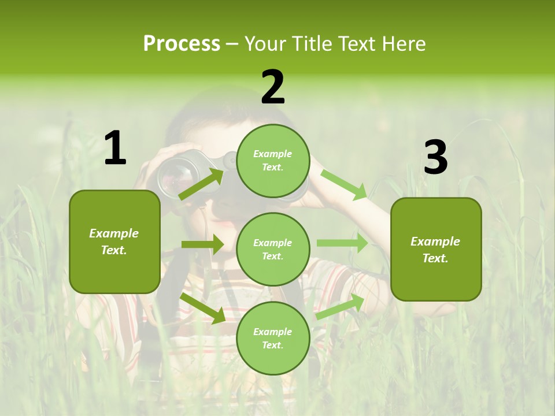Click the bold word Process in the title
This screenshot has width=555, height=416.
pyautogui.click(x=182, y=43)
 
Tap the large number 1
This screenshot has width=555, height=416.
pyautogui.click(x=115, y=148)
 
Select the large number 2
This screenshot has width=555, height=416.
pyautogui.click(x=273, y=87)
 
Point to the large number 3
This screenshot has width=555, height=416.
pyautogui.click(x=435, y=157)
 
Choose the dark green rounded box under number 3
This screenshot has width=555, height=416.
pyautogui.click(x=436, y=283)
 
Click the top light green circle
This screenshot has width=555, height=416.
pyautogui.click(x=273, y=161)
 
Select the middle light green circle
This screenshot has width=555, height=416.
pyautogui.click(x=273, y=249)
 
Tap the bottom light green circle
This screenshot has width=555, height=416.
pyautogui.click(x=273, y=338)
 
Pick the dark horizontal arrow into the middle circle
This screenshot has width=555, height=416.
pyautogui.click(x=202, y=244)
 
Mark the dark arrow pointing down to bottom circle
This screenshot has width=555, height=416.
pyautogui.click(x=203, y=308)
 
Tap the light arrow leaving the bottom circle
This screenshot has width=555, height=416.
pyautogui.click(x=341, y=307)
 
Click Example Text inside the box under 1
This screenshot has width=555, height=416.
pyautogui.click(x=114, y=242)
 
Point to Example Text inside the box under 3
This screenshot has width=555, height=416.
pyautogui.click(x=435, y=250)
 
